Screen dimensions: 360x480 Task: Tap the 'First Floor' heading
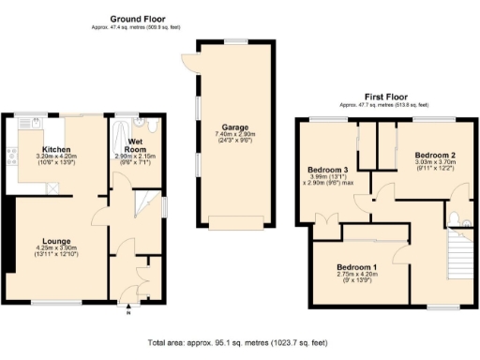point(386,96)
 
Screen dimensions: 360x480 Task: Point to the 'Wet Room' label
point(136,146)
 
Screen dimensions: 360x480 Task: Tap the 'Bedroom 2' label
point(436,154)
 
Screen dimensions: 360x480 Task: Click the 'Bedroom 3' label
point(328,171)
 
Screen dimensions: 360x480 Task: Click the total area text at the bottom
point(240,342)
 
